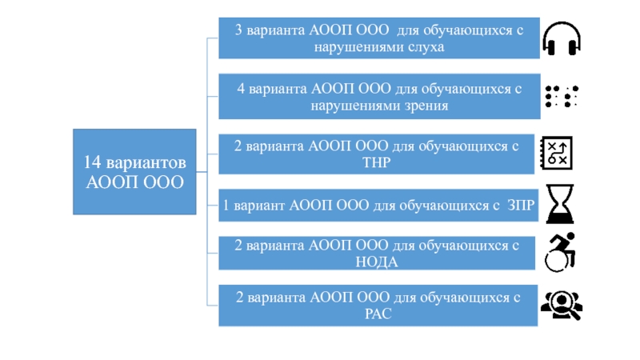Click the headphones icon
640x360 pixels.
562,38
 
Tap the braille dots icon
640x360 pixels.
562,96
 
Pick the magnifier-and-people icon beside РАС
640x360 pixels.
560,304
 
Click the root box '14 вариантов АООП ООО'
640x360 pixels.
134,172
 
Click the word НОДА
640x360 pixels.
375,262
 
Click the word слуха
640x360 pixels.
426,47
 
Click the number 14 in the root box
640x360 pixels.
92,162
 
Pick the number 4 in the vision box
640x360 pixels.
240,88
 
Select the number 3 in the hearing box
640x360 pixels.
238,30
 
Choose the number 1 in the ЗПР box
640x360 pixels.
226,206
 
